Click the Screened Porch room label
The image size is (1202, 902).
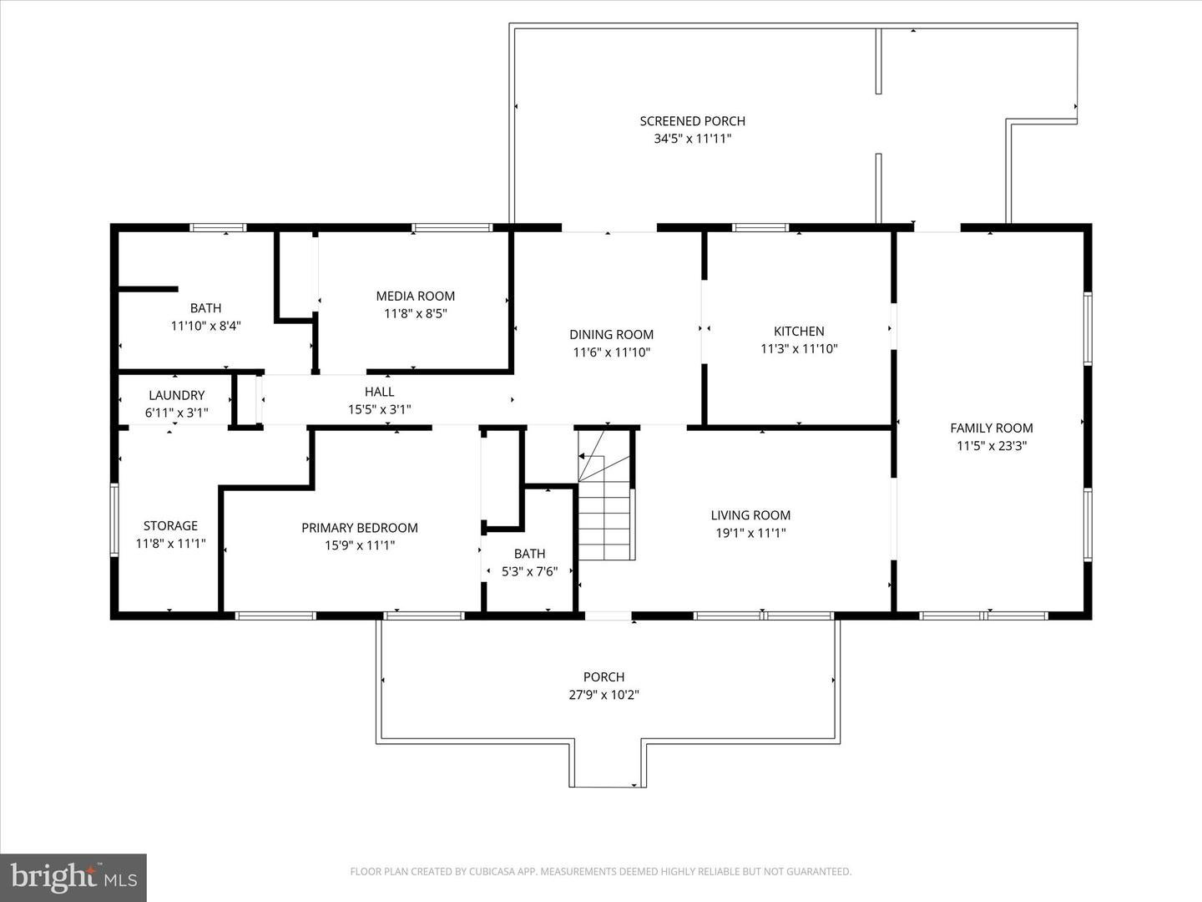(692, 121)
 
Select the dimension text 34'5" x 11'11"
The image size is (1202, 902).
(692, 139)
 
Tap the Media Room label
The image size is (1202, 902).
(415, 296)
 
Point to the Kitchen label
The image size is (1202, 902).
(799, 332)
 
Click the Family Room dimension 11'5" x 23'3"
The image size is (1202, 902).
(991, 446)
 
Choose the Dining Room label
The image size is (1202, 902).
(611, 335)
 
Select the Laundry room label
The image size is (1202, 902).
(176, 395)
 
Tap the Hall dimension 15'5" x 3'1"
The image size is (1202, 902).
(379, 409)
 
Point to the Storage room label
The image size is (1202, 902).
(170, 525)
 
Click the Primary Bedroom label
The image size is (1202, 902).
(359, 528)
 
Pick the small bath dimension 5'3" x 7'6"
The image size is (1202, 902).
(529, 571)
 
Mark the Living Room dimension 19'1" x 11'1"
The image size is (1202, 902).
(750, 533)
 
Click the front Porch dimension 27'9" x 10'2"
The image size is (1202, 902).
(604, 695)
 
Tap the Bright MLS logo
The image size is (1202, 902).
(73, 877)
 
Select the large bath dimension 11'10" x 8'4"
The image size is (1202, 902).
(205, 326)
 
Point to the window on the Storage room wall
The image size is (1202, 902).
(114, 519)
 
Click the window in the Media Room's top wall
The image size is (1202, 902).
(452, 227)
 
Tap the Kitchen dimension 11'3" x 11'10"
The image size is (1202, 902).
(799, 349)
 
